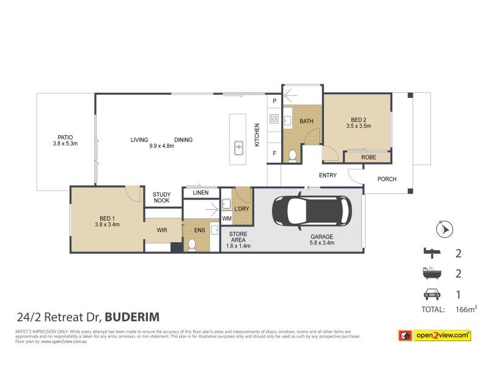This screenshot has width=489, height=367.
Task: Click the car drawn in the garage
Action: tap(312, 211)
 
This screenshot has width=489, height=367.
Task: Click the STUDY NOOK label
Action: tap(161, 198)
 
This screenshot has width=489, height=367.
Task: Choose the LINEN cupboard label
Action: tap(200, 193)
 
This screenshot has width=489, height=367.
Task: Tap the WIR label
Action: tap(162, 231)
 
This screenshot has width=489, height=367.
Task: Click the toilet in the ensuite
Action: tap(191, 244)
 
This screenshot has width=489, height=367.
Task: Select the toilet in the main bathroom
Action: tap(292, 155)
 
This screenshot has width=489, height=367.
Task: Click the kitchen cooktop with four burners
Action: tap(274, 120)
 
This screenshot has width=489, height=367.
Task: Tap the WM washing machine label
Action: tap(226, 218)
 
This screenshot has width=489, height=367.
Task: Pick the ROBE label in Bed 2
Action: tap(367, 158)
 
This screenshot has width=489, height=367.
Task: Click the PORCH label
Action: tap(387, 179)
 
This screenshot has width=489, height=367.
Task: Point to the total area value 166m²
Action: tap(466, 310)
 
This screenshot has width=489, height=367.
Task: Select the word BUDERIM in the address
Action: tap(133, 317)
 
